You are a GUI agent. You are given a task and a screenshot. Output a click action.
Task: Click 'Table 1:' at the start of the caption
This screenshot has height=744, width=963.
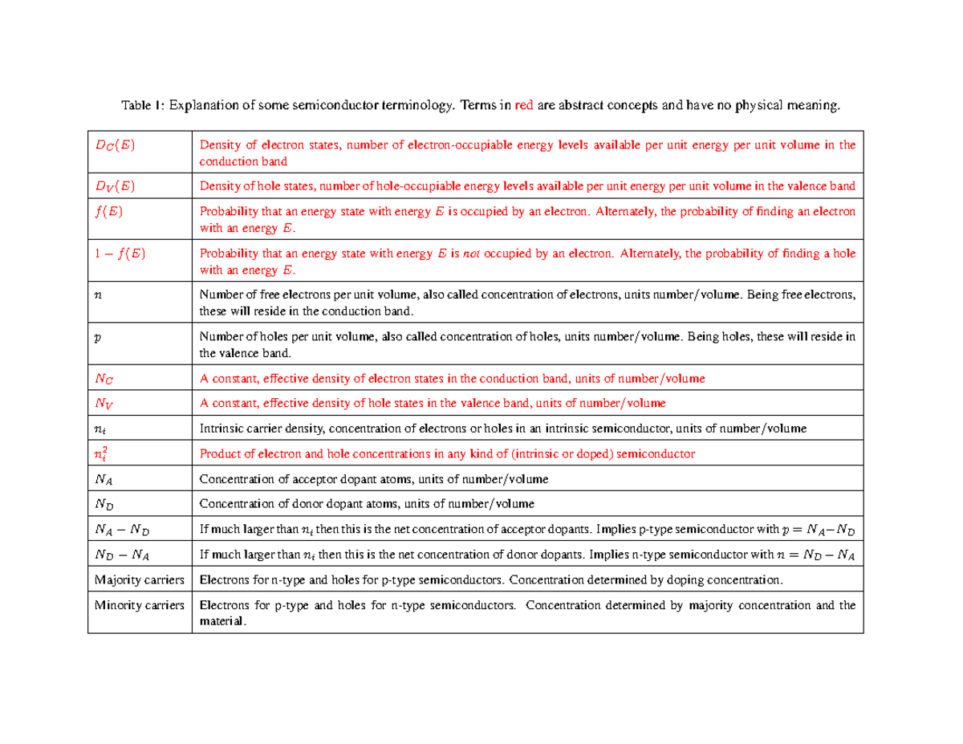142,105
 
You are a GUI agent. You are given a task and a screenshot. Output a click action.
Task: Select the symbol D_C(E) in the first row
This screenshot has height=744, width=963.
110,145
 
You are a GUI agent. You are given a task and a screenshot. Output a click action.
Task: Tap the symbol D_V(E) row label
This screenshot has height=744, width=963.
110,186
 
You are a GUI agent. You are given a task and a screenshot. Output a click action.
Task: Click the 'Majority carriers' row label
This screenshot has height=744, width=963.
139,579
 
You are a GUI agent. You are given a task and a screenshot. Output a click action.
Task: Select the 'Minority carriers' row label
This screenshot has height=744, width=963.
139,605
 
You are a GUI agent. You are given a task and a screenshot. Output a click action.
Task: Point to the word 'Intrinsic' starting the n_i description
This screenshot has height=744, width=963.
221,429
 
